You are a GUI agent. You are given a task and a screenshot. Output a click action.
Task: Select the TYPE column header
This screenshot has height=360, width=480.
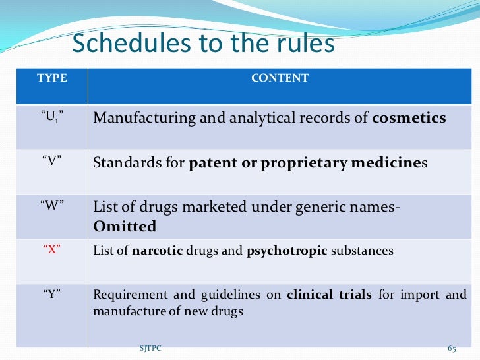[x=51, y=78]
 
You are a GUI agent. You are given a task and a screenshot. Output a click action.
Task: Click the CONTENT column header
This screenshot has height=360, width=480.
[x=280, y=78]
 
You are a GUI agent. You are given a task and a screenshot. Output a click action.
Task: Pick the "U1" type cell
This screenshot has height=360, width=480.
[x=51, y=119]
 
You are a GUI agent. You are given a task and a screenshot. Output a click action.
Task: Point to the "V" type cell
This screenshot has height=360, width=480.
[x=51, y=162]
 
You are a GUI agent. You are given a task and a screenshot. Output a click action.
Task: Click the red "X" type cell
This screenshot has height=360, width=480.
[x=51, y=250]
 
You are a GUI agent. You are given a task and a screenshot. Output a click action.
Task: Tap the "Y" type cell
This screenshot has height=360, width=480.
[x=51, y=294]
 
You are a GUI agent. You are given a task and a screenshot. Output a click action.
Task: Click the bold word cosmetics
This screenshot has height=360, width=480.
[x=409, y=119]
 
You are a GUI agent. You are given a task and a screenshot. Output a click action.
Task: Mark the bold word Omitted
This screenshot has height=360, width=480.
[x=125, y=227]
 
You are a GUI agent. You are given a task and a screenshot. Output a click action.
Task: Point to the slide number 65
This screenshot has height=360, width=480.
[x=452, y=348]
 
